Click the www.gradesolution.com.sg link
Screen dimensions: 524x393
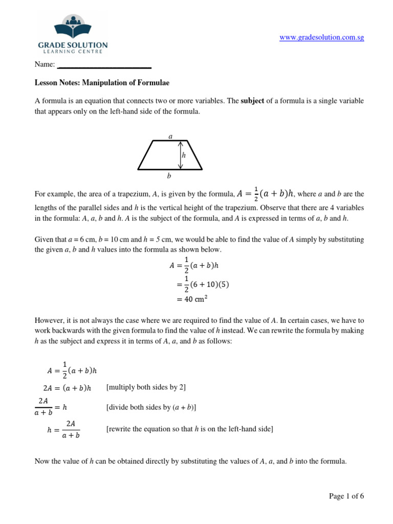(322, 38)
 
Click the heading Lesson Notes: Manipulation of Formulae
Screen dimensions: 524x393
(101, 82)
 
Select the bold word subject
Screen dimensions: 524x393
(252, 101)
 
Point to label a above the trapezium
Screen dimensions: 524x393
(170, 136)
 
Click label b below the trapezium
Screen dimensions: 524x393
(169, 176)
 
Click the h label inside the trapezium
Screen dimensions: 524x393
(184, 155)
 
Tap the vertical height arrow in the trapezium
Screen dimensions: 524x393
(180, 155)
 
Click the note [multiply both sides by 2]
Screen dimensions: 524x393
(146, 387)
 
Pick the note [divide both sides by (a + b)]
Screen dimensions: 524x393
(151, 407)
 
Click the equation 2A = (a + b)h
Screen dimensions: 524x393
(68, 388)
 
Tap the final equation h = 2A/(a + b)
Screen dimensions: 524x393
(63, 429)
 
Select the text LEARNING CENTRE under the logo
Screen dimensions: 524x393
(73, 51)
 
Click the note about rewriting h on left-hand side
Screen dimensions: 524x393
(189, 429)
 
